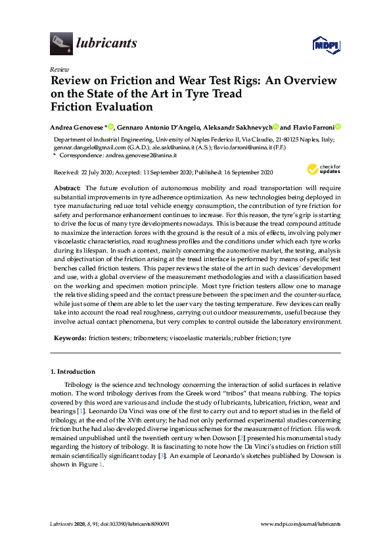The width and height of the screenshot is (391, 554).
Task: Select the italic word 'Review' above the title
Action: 58,69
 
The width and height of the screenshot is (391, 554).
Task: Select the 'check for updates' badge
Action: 324,170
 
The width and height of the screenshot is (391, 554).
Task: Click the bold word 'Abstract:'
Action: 68,188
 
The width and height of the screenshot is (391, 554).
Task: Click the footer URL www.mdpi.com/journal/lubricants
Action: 301,524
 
